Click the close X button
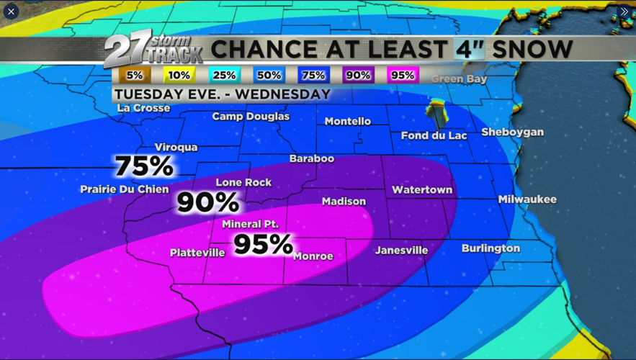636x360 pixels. (x=11, y=12)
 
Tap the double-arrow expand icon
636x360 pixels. (x=624, y=12)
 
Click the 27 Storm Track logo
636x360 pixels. (x=152, y=49)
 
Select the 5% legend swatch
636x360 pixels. (x=135, y=76)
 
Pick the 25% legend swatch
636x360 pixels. (x=224, y=76)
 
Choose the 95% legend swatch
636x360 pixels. (x=402, y=76)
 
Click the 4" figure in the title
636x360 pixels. (x=470, y=50)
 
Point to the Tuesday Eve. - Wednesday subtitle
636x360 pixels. (x=222, y=94)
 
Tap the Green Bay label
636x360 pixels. (x=459, y=78)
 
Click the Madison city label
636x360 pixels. (x=344, y=202)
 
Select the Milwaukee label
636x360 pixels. (x=527, y=199)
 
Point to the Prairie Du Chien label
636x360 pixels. (x=124, y=189)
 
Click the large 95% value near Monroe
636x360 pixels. (x=263, y=244)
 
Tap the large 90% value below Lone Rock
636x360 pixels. (x=207, y=202)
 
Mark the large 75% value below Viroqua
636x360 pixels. (x=144, y=166)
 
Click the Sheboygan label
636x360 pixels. (x=512, y=132)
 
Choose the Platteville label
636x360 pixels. (x=197, y=253)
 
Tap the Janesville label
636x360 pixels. (x=401, y=251)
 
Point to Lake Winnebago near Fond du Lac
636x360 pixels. (x=436, y=113)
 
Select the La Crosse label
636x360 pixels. (x=143, y=108)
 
